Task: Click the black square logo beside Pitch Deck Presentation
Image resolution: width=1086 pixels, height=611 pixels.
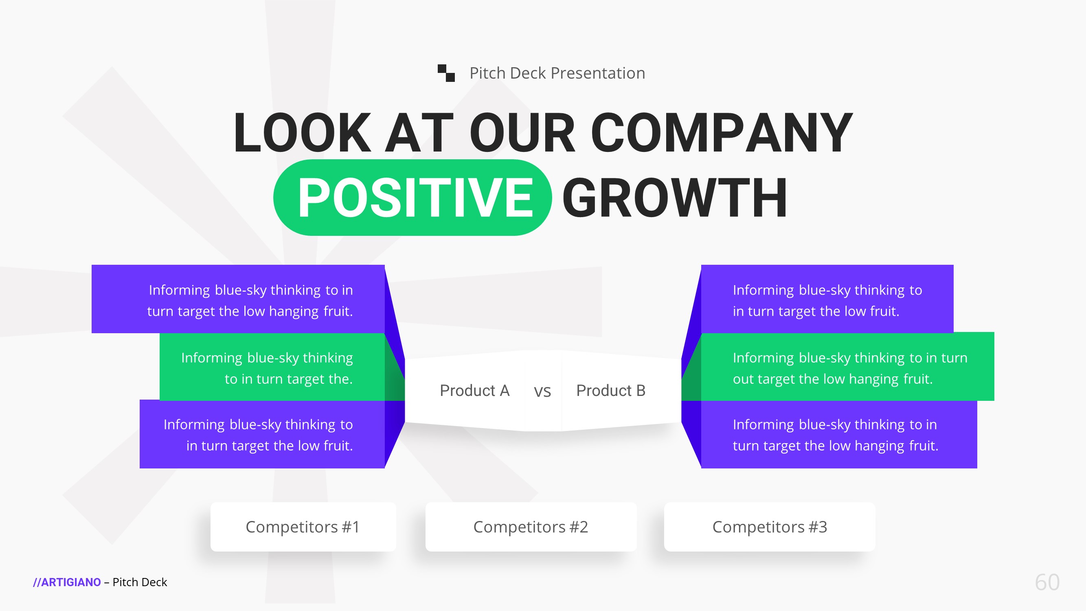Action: (x=446, y=73)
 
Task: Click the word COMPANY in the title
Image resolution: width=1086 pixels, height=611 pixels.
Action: (x=722, y=132)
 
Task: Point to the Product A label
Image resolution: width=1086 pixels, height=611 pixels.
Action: (x=475, y=391)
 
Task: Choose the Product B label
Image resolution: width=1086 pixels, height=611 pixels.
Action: (x=611, y=391)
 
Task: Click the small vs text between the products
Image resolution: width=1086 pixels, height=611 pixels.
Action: (x=542, y=392)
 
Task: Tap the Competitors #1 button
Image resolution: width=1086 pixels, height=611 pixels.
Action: (x=303, y=527)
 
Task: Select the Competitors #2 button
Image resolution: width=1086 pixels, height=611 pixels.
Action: (x=531, y=527)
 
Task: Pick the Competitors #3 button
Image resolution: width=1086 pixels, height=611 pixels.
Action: (x=769, y=527)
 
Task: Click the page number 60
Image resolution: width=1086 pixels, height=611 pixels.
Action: (x=1047, y=582)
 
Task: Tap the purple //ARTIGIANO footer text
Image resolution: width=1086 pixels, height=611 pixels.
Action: (x=67, y=582)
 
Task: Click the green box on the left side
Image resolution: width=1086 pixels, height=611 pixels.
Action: (x=272, y=367)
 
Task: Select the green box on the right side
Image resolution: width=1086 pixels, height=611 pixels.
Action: (x=847, y=367)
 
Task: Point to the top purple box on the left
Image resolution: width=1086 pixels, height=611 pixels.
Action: (x=238, y=299)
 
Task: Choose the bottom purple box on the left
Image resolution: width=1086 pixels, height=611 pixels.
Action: (x=262, y=434)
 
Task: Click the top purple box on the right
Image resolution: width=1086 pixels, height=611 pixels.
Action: (x=827, y=299)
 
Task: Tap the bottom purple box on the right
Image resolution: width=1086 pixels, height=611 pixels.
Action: (x=839, y=434)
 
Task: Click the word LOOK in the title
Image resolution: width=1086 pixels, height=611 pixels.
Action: (x=302, y=132)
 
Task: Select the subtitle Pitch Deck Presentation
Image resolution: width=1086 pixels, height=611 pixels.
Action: (x=557, y=73)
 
